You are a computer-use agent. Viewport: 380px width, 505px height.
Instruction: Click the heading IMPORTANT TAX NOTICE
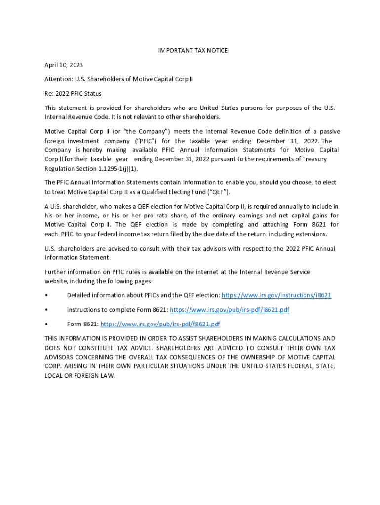192,51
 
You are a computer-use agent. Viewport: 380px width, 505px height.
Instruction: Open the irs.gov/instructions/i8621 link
276,295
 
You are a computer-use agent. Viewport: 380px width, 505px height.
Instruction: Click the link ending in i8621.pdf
229,310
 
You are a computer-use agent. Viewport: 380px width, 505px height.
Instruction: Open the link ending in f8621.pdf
160,324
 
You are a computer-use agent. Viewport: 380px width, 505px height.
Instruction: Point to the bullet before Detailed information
46,295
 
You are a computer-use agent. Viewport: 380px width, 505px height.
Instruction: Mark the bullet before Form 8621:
46,324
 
